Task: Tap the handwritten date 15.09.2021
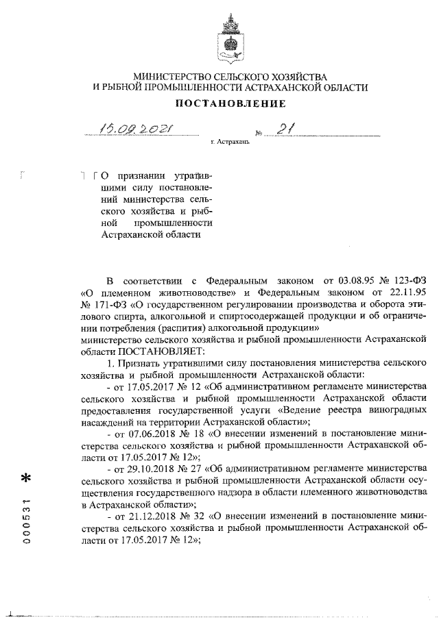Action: point(136,128)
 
